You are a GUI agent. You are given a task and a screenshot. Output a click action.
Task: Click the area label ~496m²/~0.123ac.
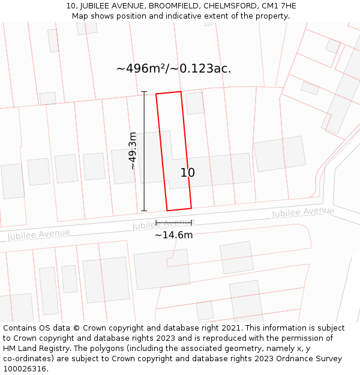[173, 68]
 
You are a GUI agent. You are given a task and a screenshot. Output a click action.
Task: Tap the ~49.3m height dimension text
[133, 151]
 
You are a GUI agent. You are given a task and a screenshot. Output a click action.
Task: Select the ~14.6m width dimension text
[173, 235]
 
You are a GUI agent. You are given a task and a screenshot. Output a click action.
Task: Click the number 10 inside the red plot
[187, 173]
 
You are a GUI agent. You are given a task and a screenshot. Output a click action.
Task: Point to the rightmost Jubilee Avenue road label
[303, 212]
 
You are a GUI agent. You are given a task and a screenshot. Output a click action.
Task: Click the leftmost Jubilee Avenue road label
[39, 234]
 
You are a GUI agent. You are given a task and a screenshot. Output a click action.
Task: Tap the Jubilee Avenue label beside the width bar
[163, 224]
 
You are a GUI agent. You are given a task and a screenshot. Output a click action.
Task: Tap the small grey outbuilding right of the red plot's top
[194, 103]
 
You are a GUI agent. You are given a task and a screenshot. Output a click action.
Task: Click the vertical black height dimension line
[144, 150]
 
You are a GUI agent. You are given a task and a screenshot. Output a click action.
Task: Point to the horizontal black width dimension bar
[173, 223]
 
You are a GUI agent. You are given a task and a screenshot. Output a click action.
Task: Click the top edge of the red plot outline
[169, 93]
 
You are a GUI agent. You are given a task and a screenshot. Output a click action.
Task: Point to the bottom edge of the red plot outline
[179, 209]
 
